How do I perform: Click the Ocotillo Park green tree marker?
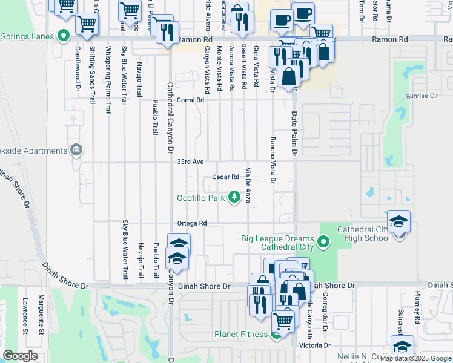(233, 197)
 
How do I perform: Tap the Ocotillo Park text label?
(200, 198)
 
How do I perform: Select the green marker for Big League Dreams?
(324, 242)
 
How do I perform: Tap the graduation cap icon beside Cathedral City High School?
(399, 223)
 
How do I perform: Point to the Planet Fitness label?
(241, 334)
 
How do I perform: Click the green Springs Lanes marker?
(62, 36)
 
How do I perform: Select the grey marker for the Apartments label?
(76, 149)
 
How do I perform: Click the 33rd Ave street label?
(190, 162)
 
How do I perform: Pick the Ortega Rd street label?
(192, 223)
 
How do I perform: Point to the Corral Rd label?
(190, 100)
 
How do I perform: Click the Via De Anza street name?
(248, 185)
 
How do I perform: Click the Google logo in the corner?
(20, 356)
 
